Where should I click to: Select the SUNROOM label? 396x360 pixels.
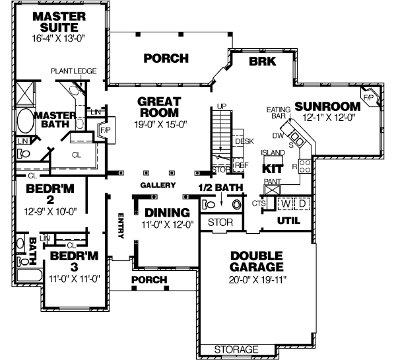[x=327, y=106]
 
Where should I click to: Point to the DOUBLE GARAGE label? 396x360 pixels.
[x=257, y=262]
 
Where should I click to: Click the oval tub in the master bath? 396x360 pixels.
[x=24, y=123]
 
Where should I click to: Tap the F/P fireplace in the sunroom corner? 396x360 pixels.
[x=369, y=96]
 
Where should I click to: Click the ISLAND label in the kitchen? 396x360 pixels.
[x=273, y=153]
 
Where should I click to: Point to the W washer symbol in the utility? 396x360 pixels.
[x=286, y=203]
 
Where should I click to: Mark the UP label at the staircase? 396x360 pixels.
[x=222, y=106]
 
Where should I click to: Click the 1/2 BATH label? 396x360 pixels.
[x=219, y=188]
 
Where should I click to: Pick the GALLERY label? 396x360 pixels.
[x=157, y=185]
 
